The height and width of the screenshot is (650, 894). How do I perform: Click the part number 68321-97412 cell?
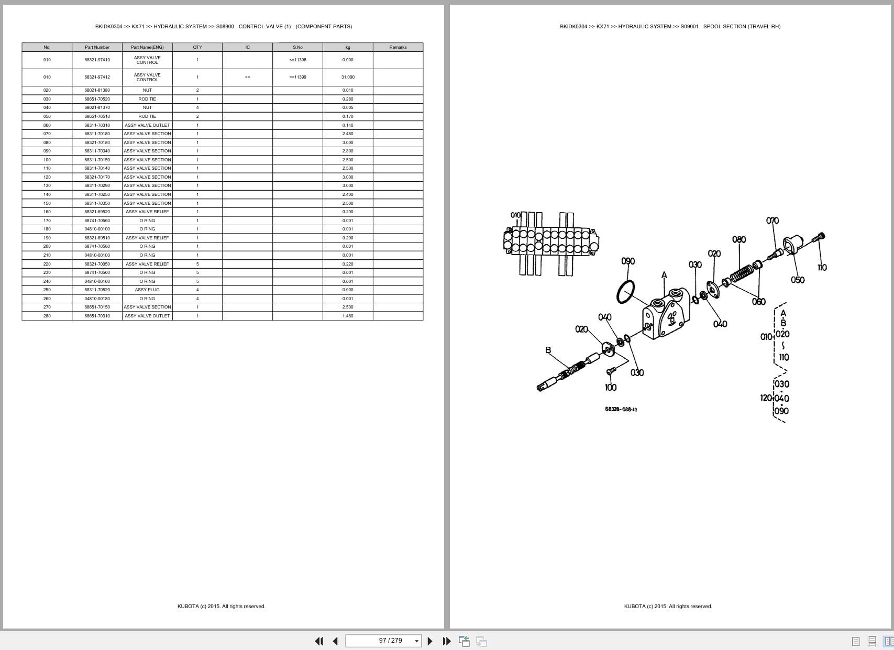pos(97,77)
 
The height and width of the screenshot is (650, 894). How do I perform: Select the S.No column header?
pos(297,47)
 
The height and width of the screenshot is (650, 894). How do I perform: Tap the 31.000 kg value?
pos(348,77)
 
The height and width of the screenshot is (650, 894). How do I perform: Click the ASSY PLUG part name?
pos(147,290)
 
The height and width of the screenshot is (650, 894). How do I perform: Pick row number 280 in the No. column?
pos(47,316)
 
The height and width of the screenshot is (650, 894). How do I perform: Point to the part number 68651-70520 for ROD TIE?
pos(97,99)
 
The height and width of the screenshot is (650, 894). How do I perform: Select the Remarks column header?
pos(398,47)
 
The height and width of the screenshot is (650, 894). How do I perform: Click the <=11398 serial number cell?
pos(297,60)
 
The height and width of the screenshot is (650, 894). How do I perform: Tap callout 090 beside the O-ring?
pos(628,261)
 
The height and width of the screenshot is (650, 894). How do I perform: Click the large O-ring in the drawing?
pos(625,292)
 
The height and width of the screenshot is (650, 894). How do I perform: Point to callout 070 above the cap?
pos(772,221)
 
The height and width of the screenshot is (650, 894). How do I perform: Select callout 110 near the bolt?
pos(822,268)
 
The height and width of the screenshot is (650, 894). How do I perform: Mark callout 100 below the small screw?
pos(611,388)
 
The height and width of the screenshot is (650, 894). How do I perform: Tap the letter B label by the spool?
pos(548,350)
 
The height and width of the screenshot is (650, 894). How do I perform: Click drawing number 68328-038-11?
pos(621,409)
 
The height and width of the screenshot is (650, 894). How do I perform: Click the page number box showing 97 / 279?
pos(384,641)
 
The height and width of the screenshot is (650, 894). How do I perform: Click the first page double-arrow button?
pos(318,641)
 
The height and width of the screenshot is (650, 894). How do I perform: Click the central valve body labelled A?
pos(665,314)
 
